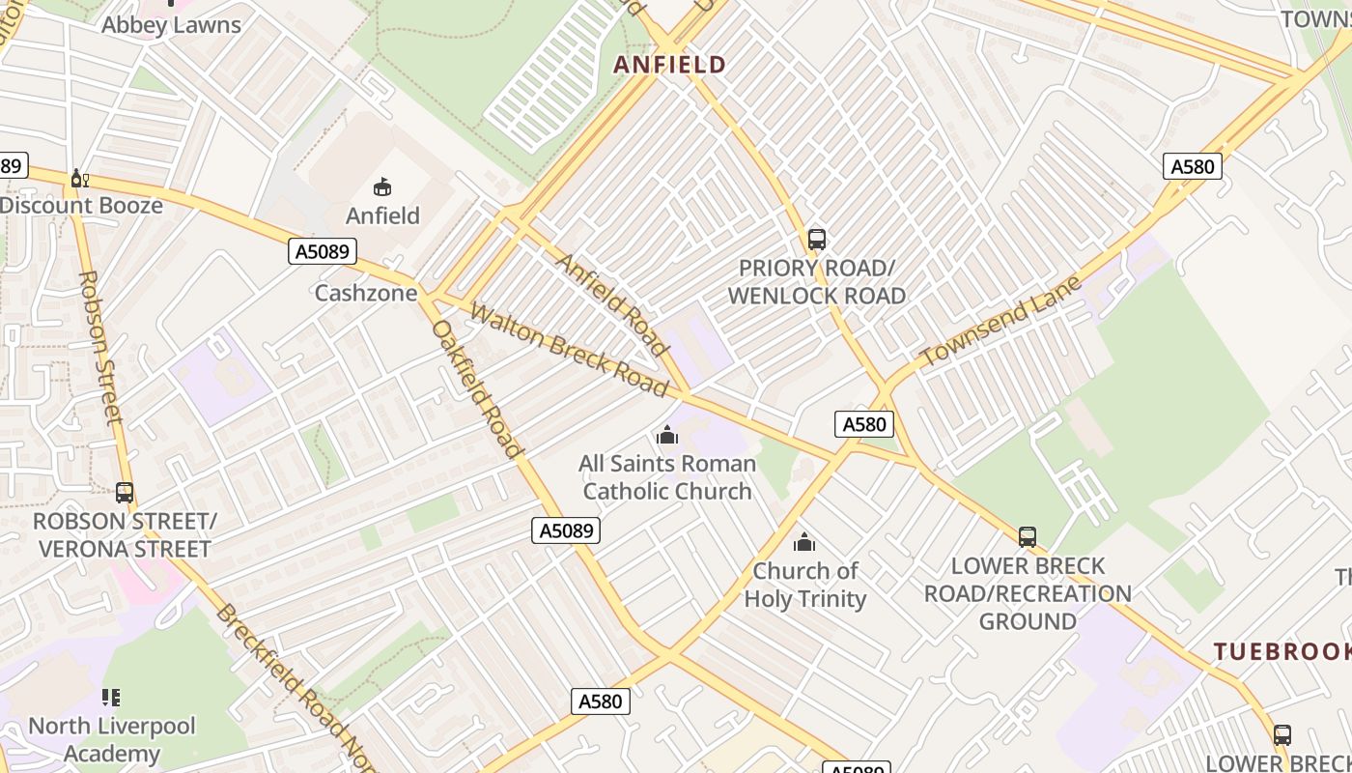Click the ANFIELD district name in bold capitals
click(x=670, y=65)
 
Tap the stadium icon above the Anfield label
click(x=382, y=186)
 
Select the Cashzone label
click(x=366, y=293)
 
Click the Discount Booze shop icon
click(x=79, y=179)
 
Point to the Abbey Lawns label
click(x=171, y=25)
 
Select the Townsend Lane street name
click(x=1001, y=322)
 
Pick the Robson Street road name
click(x=100, y=347)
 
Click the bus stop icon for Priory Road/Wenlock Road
click(x=817, y=239)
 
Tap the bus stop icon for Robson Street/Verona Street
click(x=125, y=492)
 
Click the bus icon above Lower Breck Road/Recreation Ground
click(x=1028, y=536)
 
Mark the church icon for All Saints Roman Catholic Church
click(x=666, y=436)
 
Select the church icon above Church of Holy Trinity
click(x=804, y=542)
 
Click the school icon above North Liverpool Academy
click(x=111, y=697)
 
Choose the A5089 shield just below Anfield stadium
click(x=323, y=252)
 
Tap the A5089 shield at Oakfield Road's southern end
click(x=566, y=530)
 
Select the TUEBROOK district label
click(x=1282, y=651)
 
